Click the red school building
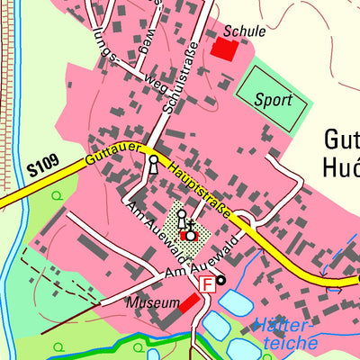click(x=222, y=49)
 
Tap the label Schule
click(x=245, y=31)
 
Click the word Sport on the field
click(x=273, y=99)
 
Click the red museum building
click(x=189, y=303)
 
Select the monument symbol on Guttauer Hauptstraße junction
click(x=153, y=165)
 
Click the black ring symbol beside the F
click(x=221, y=281)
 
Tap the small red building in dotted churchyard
click(x=184, y=236)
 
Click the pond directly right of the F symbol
click(x=236, y=302)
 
